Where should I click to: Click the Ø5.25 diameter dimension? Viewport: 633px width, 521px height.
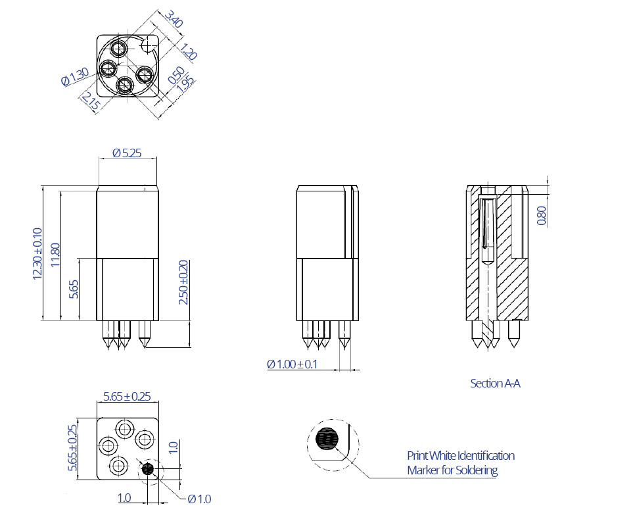[127, 153]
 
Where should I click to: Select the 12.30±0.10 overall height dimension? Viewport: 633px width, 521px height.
[37, 253]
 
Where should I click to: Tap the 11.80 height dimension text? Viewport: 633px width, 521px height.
[55, 254]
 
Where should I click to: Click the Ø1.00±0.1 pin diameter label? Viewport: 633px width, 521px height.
[292, 364]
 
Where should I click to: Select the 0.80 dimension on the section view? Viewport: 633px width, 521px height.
[542, 216]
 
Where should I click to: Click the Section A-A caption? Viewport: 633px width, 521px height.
[495, 383]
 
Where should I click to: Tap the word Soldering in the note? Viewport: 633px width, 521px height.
[475, 470]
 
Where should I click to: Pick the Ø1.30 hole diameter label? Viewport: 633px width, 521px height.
[74, 78]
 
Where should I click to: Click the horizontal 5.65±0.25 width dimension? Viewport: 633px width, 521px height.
[128, 396]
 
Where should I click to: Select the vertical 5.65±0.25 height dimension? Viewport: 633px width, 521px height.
[73, 447]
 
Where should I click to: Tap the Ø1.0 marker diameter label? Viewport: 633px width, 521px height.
[199, 499]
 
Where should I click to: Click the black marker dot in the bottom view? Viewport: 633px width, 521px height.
[148, 469]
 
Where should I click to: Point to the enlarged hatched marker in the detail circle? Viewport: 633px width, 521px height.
[326, 438]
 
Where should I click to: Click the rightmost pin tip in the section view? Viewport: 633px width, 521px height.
[514, 341]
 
